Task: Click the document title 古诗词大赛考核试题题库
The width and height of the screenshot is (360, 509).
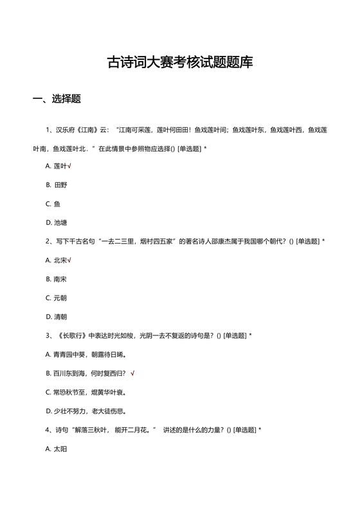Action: click(x=180, y=62)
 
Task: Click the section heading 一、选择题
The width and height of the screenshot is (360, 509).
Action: click(x=57, y=99)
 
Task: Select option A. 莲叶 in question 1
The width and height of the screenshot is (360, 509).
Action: click(x=57, y=166)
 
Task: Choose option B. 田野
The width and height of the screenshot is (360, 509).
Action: click(x=57, y=185)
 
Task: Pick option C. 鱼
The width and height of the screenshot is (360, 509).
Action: click(x=53, y=204)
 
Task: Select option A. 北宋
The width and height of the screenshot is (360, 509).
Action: click(x=57, y=260)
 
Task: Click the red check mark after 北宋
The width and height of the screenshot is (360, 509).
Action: click(x=69, y=260)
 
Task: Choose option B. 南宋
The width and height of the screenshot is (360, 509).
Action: click(x=57, y=279)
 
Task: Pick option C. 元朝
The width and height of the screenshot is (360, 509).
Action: click(x=57, y=298)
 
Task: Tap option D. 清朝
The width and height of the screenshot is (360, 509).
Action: click(x=57, y=317)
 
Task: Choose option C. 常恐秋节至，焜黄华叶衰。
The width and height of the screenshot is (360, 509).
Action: click(x=86, y=392)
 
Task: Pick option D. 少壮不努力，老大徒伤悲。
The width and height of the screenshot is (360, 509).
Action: click(x=86, y=411)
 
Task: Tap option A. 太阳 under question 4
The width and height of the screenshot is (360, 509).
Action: click(x=57, y=449)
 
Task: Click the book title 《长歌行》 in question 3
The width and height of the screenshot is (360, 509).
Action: click(x=71, y=335)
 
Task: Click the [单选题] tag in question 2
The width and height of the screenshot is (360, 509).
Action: click(x=307, y=242)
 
